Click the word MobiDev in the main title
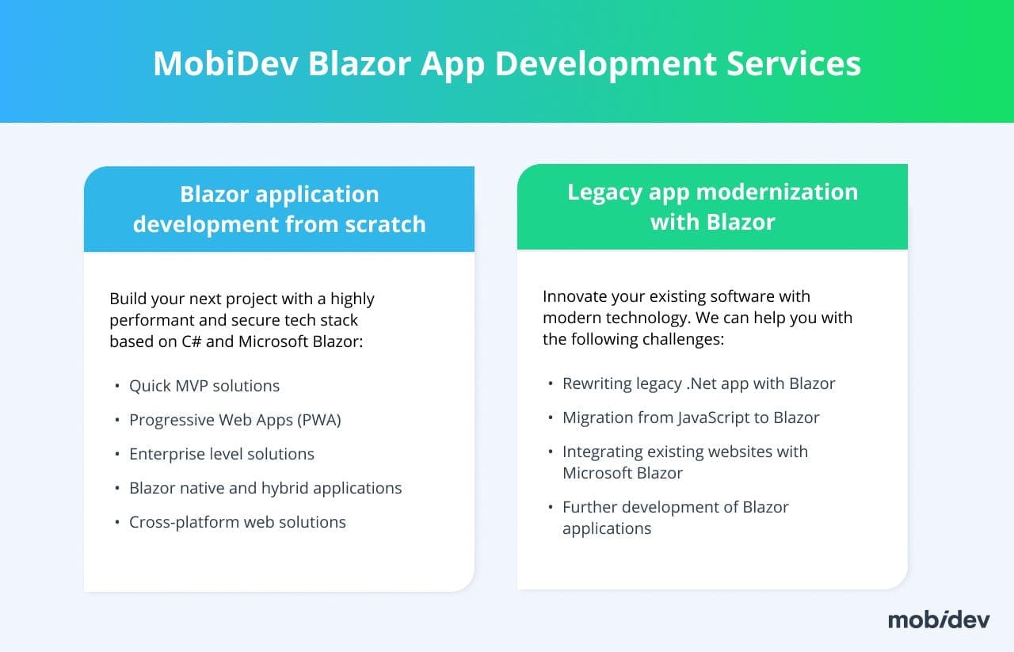(226, 63)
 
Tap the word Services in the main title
(794, 63)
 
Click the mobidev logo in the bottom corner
(939, 620)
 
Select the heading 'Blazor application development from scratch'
(280, 209)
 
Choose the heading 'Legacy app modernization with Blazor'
(712, 207)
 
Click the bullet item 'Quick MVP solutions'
(204, 386)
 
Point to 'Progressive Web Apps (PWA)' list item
(235, 420)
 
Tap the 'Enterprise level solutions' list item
(222, 454)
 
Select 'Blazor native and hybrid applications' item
(265, 488)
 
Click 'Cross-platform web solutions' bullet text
(238, 522)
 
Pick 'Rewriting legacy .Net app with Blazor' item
(699, 383)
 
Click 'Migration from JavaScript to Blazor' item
(692, 418)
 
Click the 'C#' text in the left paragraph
(192, 341)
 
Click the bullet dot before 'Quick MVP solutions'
(117, 386)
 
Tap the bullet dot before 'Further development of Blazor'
(551, 507)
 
